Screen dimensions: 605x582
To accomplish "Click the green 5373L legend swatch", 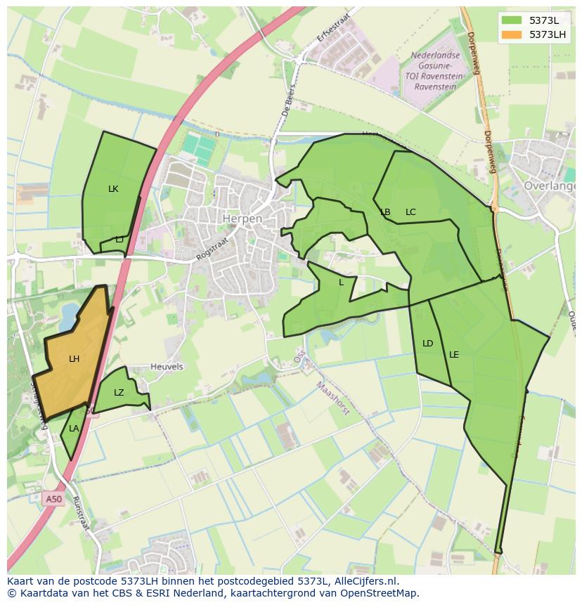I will [512, 20].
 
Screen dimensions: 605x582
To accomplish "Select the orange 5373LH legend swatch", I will [512, 34].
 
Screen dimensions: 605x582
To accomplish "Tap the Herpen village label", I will [242, 219].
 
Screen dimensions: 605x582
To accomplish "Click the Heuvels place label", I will [167, 367].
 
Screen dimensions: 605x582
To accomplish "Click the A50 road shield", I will [53, 499].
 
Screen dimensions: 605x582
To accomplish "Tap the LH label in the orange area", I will [74, 359].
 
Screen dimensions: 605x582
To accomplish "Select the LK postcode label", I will [113, 189].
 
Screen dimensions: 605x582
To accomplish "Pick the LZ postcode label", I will [119, 393].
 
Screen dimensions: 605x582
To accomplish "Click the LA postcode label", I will [74, 429].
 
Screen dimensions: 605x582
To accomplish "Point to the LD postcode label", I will [427, 344].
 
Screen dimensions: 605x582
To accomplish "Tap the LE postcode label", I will [453, 355].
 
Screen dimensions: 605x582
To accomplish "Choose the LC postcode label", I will [410, 212].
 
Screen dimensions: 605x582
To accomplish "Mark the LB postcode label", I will [385, 212].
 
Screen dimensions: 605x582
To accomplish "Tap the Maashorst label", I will [332, 398].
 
